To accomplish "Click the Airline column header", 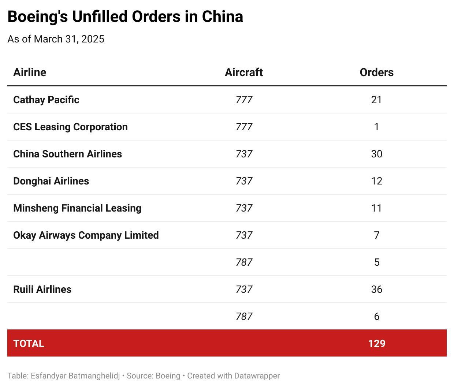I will point(30,72).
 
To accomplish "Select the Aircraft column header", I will point(244,72).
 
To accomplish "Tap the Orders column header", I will point(376,72).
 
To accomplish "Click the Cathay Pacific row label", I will point(46,100).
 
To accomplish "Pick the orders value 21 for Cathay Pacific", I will point(376,100).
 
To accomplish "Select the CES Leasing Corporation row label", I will point(70,127).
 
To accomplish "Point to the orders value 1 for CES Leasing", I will point(376,127).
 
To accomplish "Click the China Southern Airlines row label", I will point(67,154).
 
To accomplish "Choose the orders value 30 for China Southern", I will point(376,154).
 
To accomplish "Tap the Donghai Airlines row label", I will point(51,181).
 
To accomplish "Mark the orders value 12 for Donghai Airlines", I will point(376,181).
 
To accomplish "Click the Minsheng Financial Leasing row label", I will point(77,208).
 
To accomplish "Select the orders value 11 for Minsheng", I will point(376,208).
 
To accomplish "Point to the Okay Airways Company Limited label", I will point(86,235).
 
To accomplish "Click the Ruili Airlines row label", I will point(42,289).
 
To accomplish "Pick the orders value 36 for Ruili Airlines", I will point(376,289).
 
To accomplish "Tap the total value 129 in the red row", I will point(376,343).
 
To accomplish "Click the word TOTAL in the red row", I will point(29,343).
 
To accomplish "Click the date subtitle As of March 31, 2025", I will point(56,39).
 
